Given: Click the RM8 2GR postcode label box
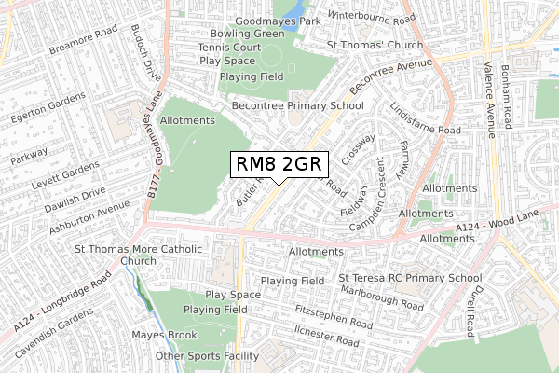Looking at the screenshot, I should click(x=278, y=165).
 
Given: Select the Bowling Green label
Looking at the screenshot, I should click(x=247, y=34).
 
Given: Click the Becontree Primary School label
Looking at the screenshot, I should click(x=297, y=105).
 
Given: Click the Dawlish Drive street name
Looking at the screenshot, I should click(x=65, y=202).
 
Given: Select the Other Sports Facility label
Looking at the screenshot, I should click(x=207, y=356).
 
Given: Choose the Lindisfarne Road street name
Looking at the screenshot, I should click(x=425, y=118).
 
